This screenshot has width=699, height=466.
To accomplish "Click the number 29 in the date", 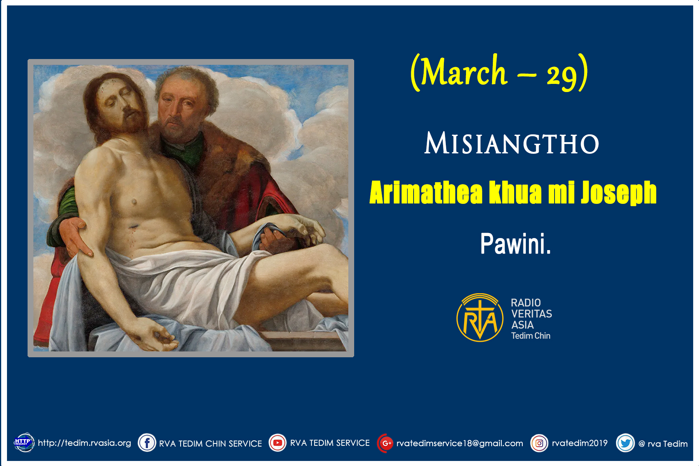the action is pos(562,75).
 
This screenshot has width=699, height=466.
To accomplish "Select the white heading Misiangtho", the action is pos(511,143).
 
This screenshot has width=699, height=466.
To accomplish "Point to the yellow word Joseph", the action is pos(619,193).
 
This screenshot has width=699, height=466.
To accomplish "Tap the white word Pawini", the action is pos(515,244).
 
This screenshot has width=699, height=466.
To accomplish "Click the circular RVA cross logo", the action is pos(480,318).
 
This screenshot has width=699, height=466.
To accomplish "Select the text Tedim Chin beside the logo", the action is pos(530,336).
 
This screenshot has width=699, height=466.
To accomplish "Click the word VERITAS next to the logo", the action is pos(531,314).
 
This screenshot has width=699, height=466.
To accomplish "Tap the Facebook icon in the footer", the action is pos(147,443).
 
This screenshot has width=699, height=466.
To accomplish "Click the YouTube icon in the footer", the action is pos(278,443).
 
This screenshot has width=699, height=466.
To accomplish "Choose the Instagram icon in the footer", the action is pos(539,443).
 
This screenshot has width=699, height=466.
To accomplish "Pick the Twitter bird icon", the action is pos(626,443).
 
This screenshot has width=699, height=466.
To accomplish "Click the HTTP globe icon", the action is pos(24,442).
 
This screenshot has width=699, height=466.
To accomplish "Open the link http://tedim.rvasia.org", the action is pos(84,443).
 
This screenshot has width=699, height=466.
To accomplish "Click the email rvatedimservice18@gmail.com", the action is pos(460,443).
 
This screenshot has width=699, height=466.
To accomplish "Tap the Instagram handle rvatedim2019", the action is pos(580,443).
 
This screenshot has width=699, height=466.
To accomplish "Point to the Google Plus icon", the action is pos(386,443).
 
